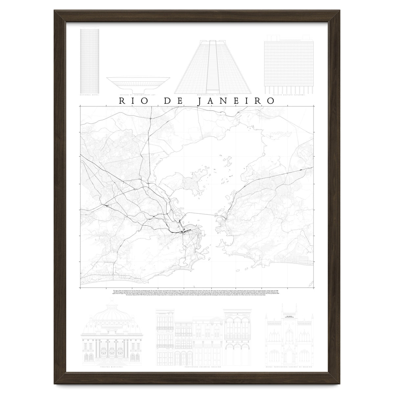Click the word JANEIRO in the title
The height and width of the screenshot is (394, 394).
[236, 101]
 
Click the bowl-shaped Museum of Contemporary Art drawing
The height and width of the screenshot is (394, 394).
[138, 83]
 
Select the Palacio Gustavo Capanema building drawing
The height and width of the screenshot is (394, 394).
[289, 62]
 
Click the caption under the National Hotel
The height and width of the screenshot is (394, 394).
[90, 96]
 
